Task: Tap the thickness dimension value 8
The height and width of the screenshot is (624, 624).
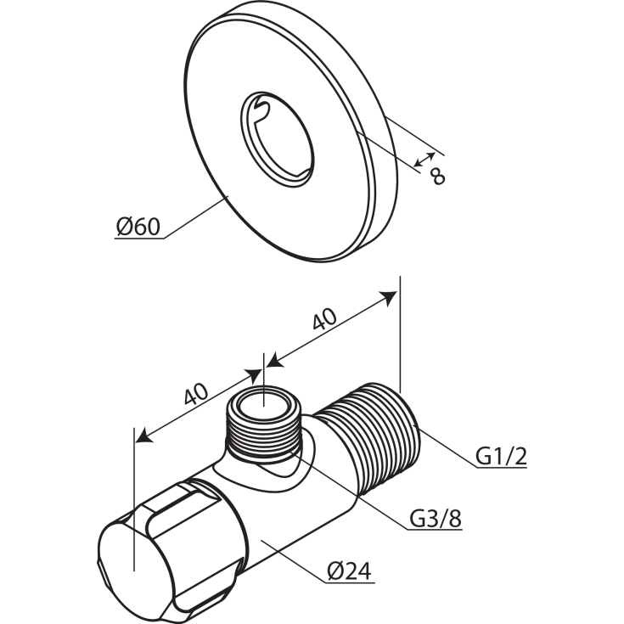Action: coord(436,176)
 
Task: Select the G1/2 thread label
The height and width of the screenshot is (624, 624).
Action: coord(501,458)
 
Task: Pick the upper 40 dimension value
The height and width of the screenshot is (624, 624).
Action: coord(324,319)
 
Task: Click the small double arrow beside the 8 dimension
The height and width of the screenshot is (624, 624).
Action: coord(425,160)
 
